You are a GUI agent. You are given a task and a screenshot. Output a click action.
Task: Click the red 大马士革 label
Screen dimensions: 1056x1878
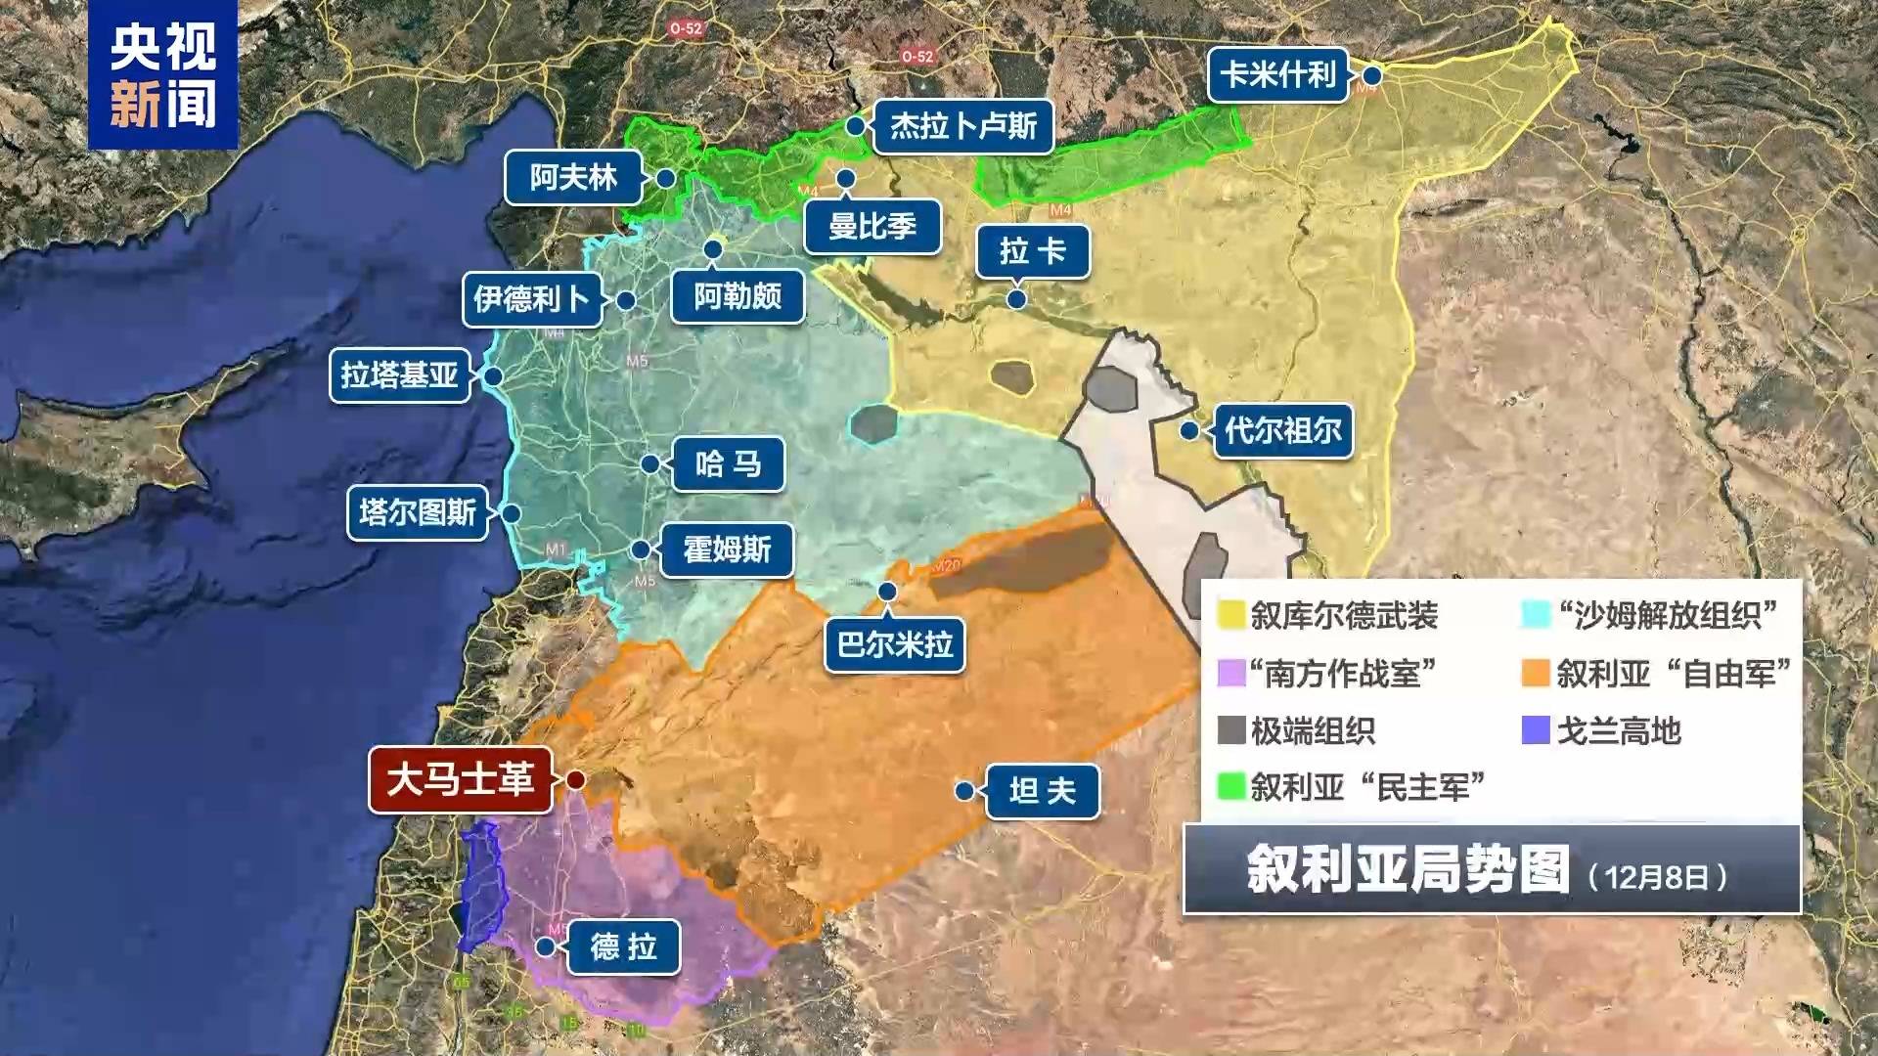(x=460, y=780)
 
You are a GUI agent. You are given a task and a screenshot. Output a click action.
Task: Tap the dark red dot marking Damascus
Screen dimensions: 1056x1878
(x=576, y=780)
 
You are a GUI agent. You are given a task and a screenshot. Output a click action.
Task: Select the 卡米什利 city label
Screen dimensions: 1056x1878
(x=1277, y=74)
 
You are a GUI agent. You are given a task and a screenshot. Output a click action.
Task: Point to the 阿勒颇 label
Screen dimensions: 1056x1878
(x=738, y=295)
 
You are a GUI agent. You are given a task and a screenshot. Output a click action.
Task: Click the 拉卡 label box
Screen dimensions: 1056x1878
(x=1033, y=252)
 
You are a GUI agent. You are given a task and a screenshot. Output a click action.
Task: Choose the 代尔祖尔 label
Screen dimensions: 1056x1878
(x=1282, y=430)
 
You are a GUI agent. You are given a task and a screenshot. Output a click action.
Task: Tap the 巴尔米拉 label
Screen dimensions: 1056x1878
(x=894, y=644)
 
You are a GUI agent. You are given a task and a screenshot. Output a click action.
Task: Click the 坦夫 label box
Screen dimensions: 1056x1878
(x=1042, y=790)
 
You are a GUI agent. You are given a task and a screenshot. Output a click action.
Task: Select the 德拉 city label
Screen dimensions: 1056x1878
(x=623, y=946)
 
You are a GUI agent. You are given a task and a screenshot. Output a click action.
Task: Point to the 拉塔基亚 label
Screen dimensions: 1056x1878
(x=400, y=375)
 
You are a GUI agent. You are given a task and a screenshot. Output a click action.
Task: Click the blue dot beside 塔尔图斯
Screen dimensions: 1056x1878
(x=511, y=513)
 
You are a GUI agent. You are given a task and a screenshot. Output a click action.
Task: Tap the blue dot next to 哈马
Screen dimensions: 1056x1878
(x=650, y=464)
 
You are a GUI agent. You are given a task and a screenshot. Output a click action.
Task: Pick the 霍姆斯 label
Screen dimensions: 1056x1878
(x=727, y=550)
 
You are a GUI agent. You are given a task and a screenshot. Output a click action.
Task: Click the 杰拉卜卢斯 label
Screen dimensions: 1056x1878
(x=962, y=126)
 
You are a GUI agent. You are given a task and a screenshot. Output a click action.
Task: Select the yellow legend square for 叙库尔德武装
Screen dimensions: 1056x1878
(x=1231, y=615)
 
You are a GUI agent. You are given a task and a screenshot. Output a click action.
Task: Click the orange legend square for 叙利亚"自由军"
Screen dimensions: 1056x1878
(x=1536, y=673)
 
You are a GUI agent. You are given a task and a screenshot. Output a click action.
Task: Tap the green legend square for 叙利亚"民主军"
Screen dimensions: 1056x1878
(x=1231, y=786)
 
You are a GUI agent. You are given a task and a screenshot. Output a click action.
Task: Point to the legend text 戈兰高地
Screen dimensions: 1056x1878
(x=1619, y=730)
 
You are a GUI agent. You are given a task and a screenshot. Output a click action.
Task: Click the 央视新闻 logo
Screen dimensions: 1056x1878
(x=162, y=75)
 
